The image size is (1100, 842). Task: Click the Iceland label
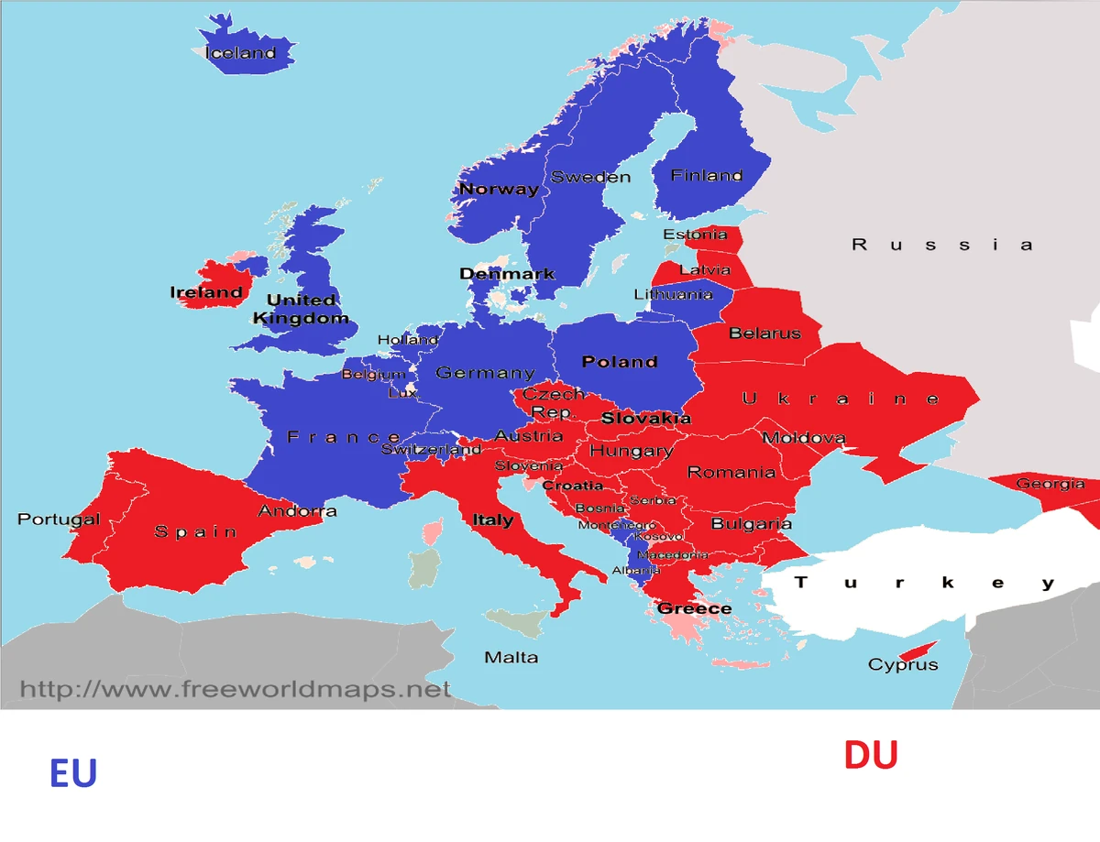[240, 53]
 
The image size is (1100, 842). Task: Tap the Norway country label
[499, 190]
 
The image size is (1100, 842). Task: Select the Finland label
[706, 175]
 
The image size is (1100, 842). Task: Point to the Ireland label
[206, 293]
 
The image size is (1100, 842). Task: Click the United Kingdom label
[301, 310]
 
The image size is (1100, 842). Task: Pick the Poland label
[620, 362]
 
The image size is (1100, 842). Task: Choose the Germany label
[485, 373]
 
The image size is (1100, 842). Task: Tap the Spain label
[195, 531]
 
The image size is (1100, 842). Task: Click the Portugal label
[59, 519]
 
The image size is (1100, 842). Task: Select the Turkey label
[924, 583]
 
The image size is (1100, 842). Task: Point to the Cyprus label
[903, 665]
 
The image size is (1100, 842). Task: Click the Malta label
[511, 658]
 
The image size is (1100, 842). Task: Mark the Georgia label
[1050, 484]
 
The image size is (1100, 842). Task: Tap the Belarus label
[764, 334]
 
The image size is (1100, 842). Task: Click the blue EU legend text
[73, 774]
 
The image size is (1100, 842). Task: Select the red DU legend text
[871, 756]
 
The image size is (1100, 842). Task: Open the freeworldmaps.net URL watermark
[236, 688]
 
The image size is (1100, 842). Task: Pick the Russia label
[942, 245]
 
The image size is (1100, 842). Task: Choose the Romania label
[731, 473]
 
